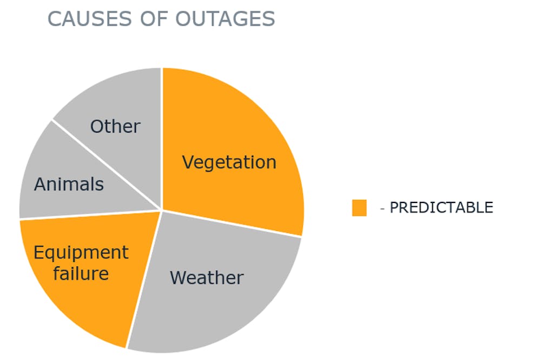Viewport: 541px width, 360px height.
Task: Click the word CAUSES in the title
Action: point(90,18)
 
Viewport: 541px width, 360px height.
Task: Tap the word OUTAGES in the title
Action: point(225,18)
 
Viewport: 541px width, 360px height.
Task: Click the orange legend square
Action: point(359,208)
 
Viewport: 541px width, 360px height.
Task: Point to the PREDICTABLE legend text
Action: point(441,207)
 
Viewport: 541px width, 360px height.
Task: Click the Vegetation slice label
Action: point(229,162)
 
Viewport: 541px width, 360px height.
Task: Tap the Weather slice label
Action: point(207,278)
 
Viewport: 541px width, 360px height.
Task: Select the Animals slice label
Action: point(69,184)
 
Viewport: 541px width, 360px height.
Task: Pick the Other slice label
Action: point(115,126)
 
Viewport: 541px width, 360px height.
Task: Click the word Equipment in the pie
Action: point(81,253)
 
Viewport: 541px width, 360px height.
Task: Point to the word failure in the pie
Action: point(81,273)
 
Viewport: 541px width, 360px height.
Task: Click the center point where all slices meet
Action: point(161,210)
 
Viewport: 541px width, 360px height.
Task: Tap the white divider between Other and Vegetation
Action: point(161,139)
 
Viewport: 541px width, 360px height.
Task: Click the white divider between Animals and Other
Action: point(107,165)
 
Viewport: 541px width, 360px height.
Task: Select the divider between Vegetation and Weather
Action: point(232,224)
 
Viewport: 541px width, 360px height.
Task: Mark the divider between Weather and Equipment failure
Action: point(143,279)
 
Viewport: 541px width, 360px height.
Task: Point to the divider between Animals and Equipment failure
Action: point(90,214)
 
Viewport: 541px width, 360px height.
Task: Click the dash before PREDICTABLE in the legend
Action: point(382,208)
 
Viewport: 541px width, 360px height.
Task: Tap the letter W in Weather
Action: point(179,278)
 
